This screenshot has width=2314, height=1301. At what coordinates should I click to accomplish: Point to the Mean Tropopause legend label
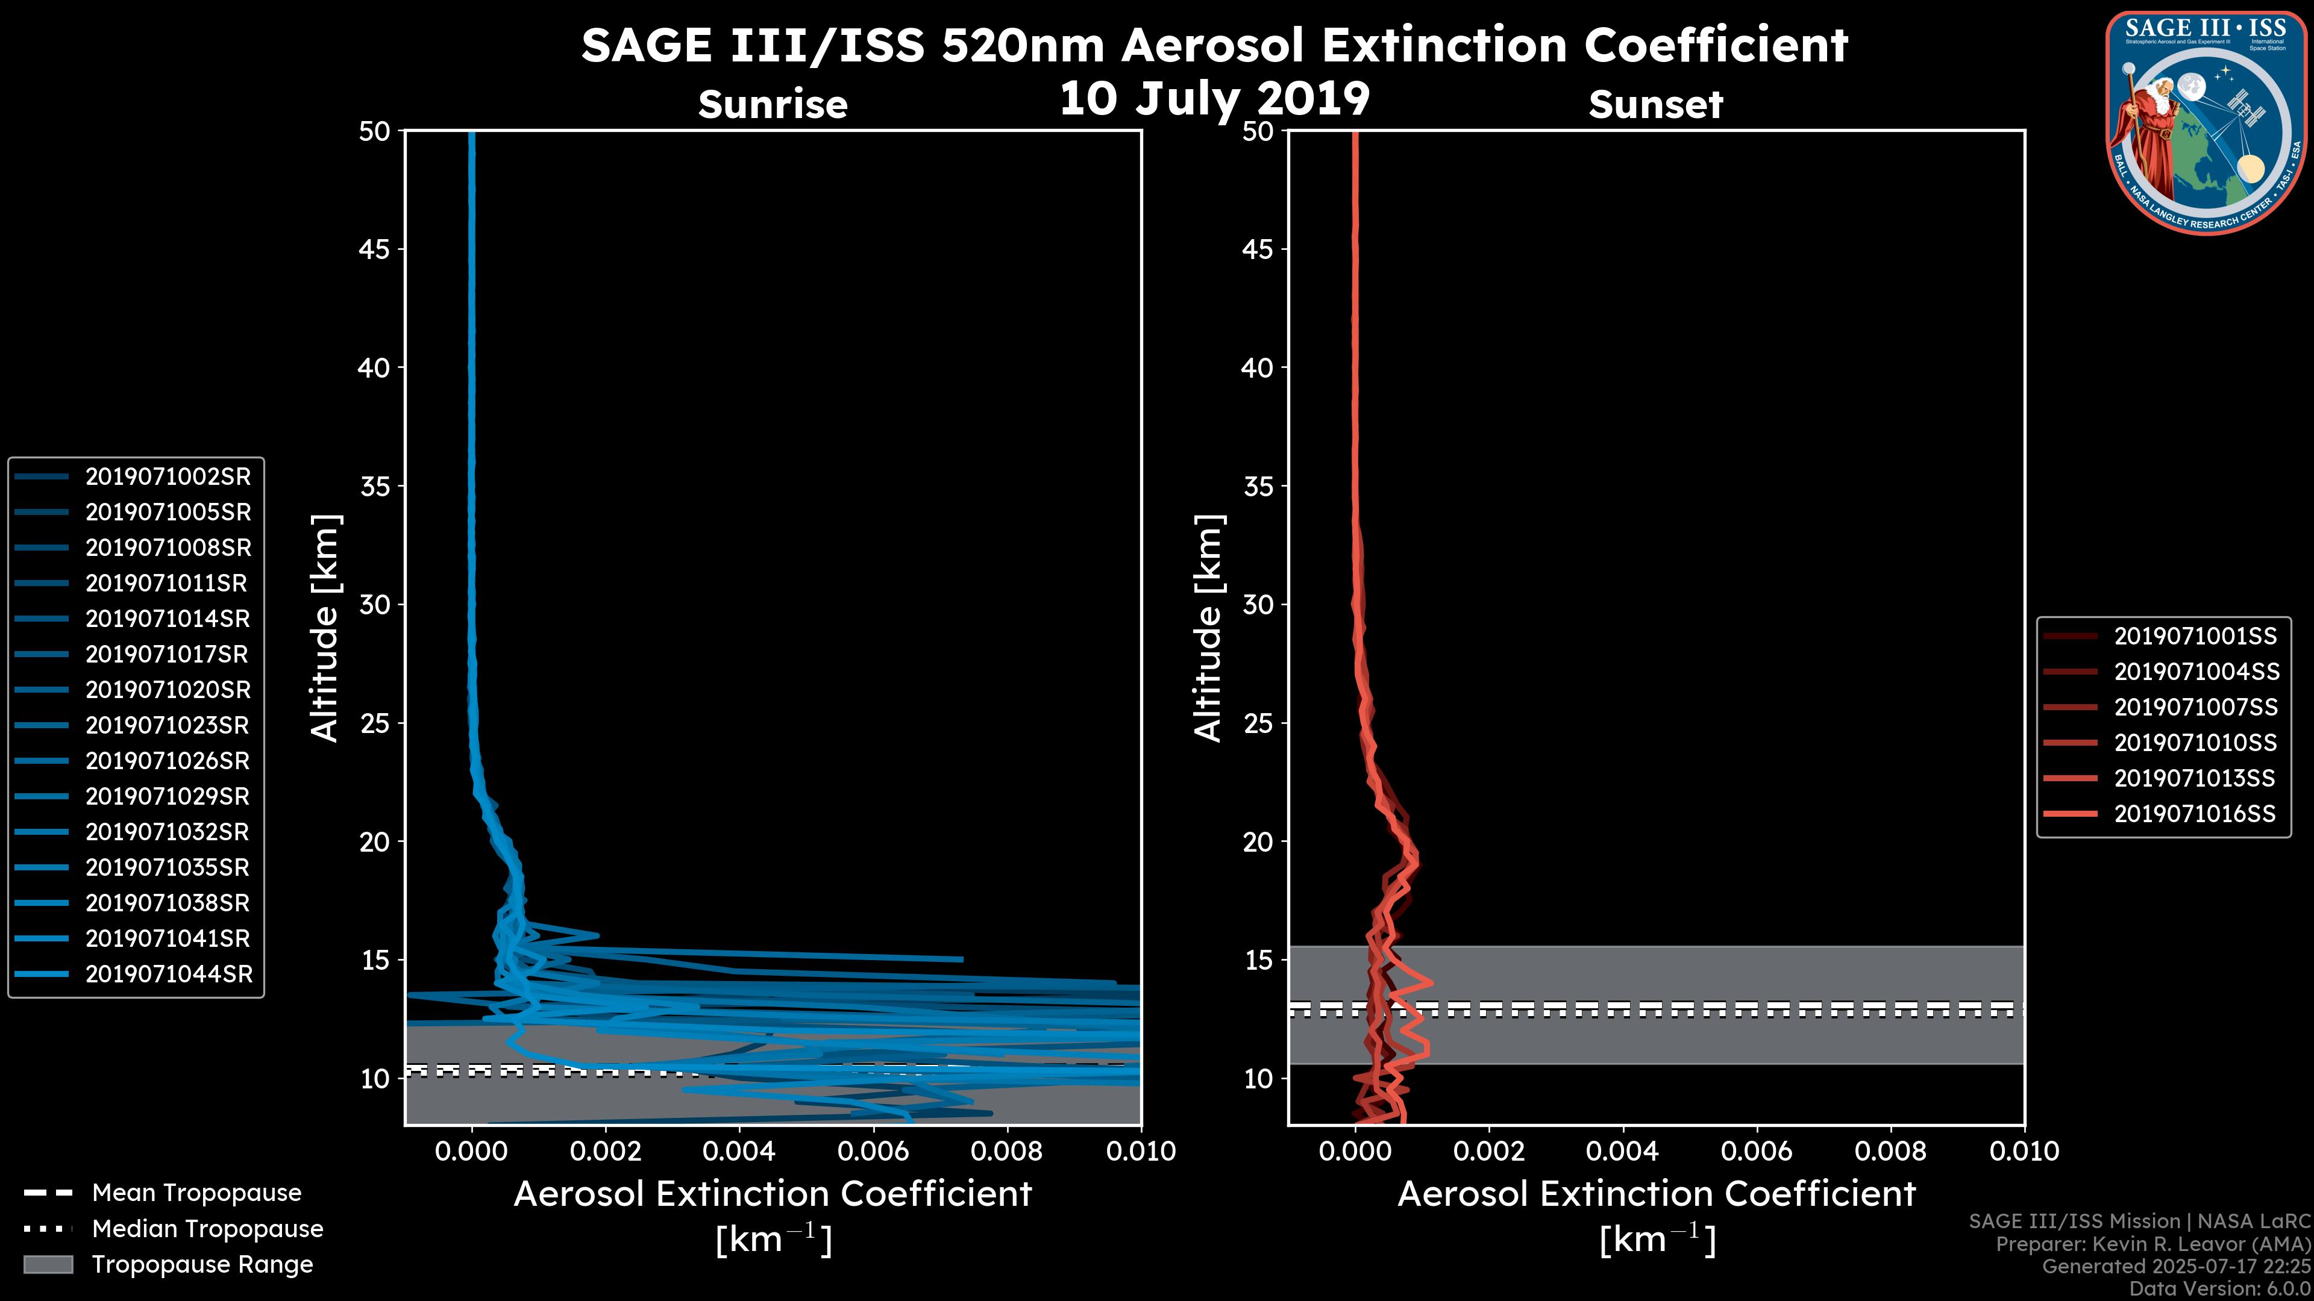coord(196,1193)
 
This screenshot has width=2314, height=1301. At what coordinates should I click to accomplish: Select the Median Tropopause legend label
coord(207,1229)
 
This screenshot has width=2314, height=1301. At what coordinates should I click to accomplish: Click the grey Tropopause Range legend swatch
coord(48,1264)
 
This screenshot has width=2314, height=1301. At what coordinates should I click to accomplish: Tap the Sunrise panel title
coord(773,104)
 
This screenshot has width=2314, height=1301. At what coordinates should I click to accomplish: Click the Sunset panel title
coord(1655,104)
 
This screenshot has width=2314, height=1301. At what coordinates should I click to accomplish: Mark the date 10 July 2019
coord(1214,99)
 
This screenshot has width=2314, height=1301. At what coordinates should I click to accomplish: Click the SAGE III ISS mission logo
coord(2206,123)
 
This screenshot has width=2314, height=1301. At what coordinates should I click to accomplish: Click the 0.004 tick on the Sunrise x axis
coord(739,1151)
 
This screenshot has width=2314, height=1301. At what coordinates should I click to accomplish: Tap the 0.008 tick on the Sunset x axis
coord(1891,1151)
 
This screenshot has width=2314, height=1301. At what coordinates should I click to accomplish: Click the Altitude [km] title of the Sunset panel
coord(1208,628)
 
